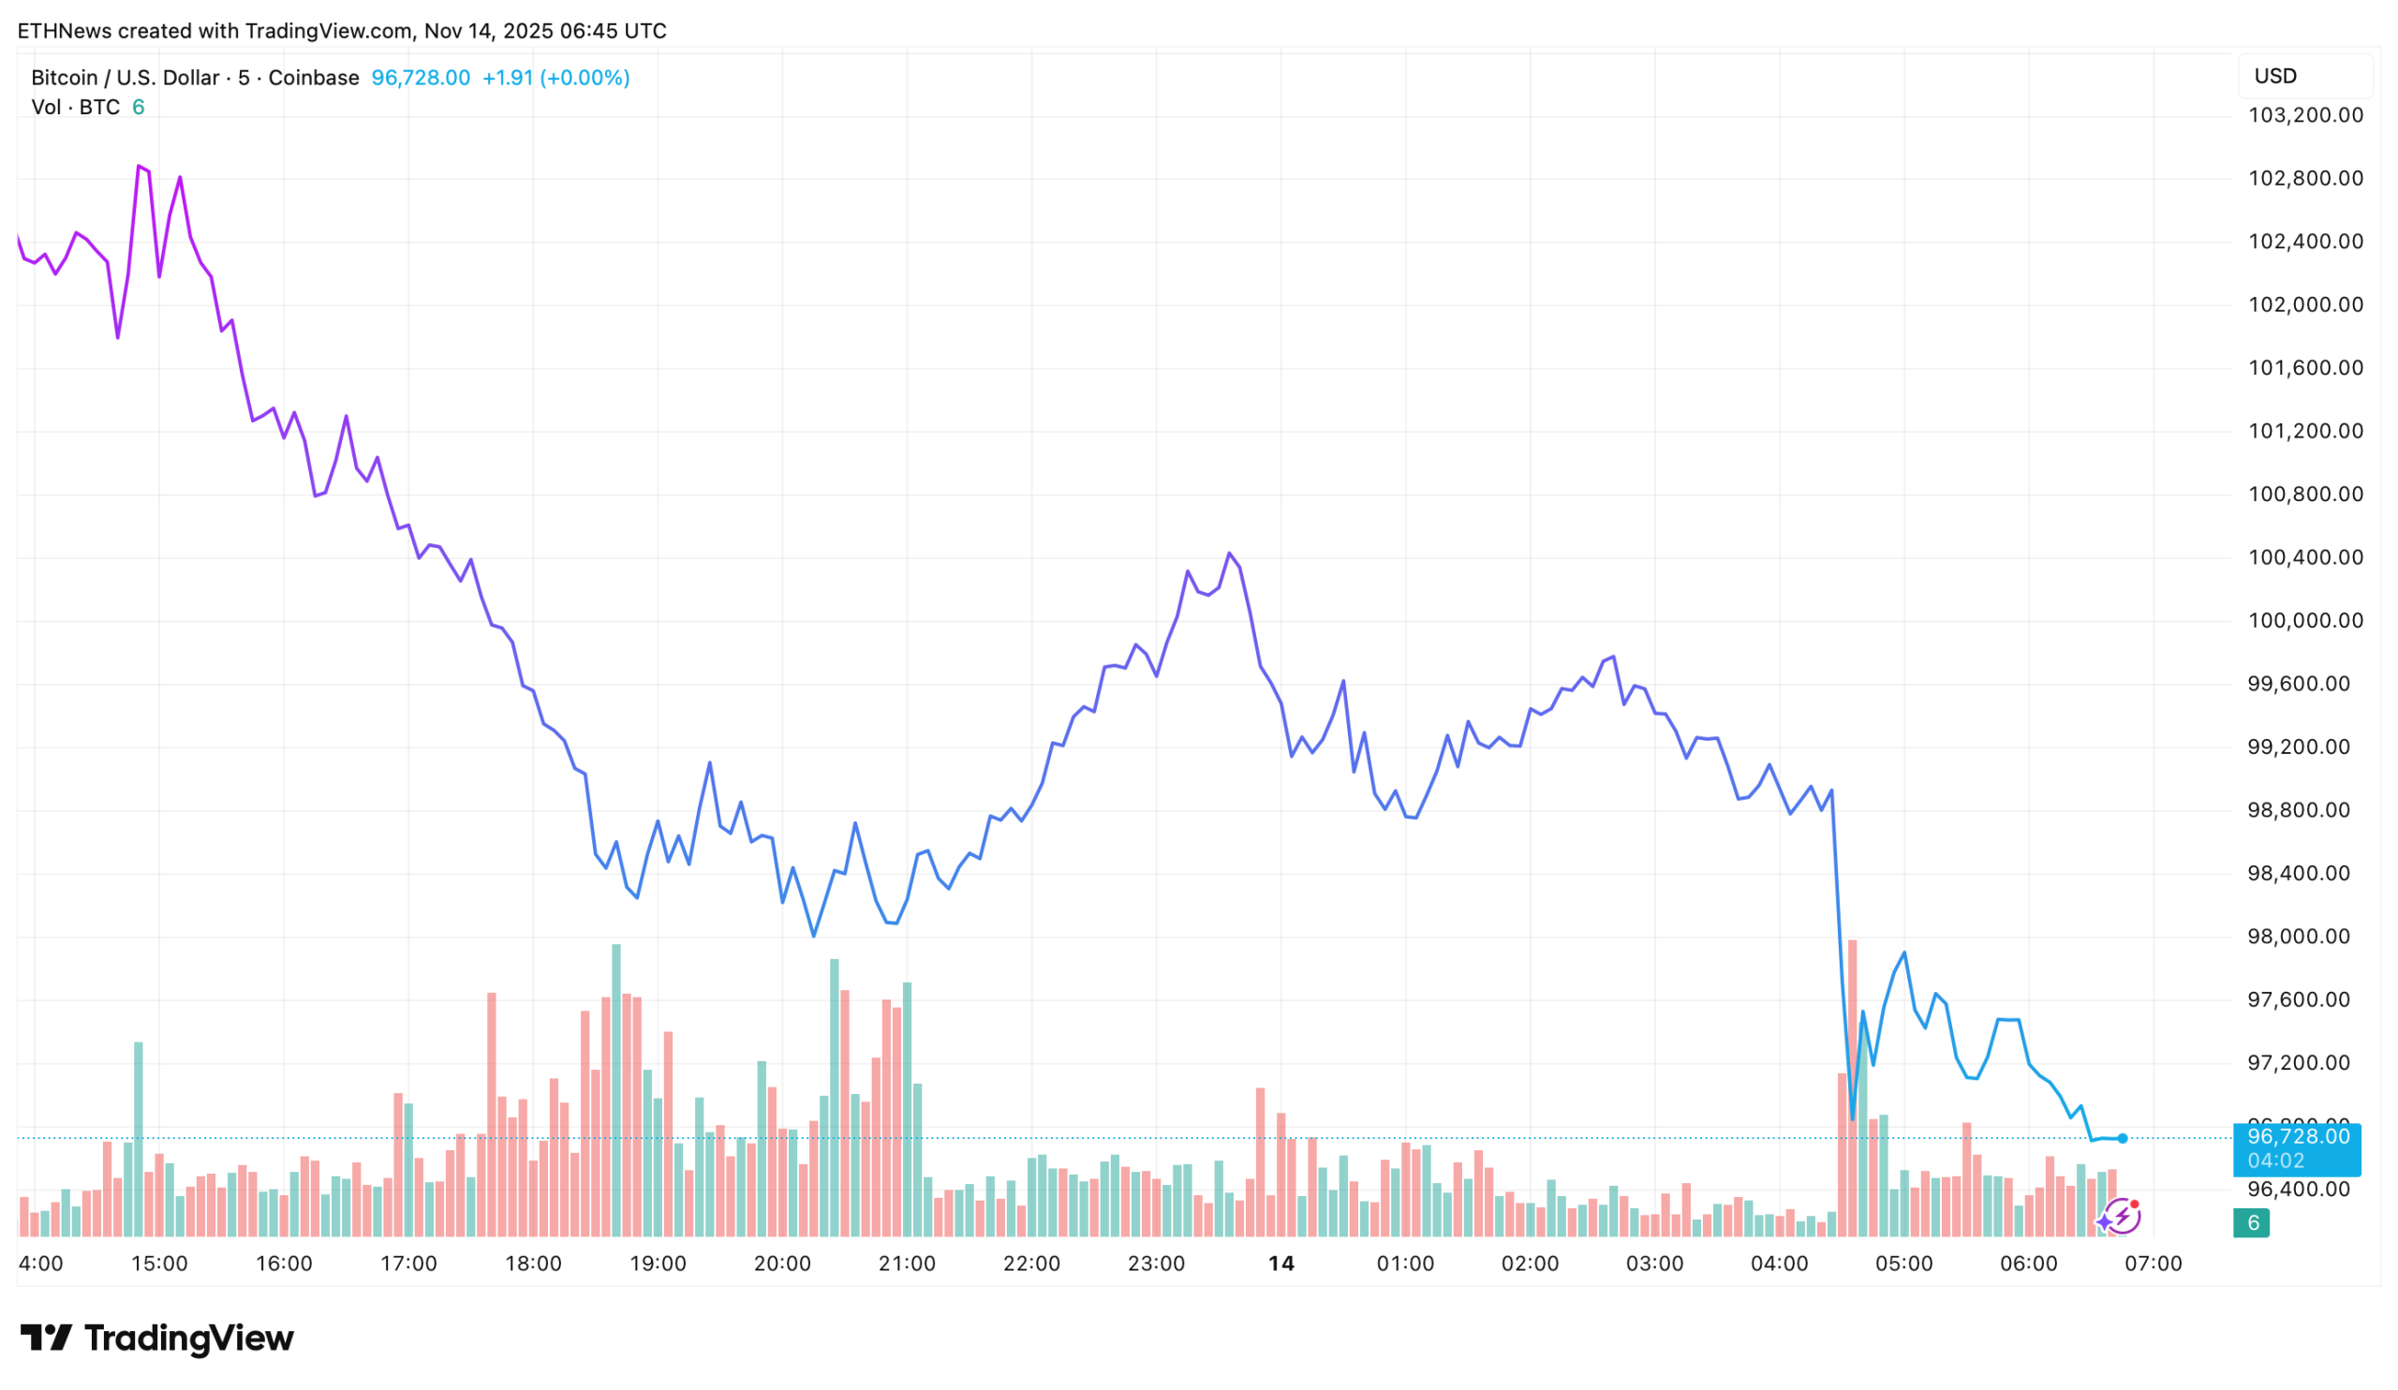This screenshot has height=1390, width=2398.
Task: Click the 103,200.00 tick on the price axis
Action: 2304,115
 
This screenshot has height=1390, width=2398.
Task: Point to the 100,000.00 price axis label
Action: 2304,620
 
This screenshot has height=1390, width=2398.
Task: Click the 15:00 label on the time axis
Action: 159,1264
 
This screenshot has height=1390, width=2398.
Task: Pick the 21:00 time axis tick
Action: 906,1264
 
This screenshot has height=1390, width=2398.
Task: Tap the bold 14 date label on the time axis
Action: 1280,1264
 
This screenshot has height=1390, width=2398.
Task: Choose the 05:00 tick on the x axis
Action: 1903,1264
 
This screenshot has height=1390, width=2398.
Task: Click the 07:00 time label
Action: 2153,1264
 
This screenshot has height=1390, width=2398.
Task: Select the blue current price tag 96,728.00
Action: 2296,1147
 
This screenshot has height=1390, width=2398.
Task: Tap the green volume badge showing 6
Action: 2252,1222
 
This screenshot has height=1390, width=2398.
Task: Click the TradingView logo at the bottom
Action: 157,1338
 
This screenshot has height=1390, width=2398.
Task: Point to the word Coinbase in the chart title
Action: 313,78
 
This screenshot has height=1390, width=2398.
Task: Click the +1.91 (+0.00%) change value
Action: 555,78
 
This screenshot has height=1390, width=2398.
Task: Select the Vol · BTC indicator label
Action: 75,108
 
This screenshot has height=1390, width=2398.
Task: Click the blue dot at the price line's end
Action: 2122,1138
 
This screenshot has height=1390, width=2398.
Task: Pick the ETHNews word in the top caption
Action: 64,32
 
